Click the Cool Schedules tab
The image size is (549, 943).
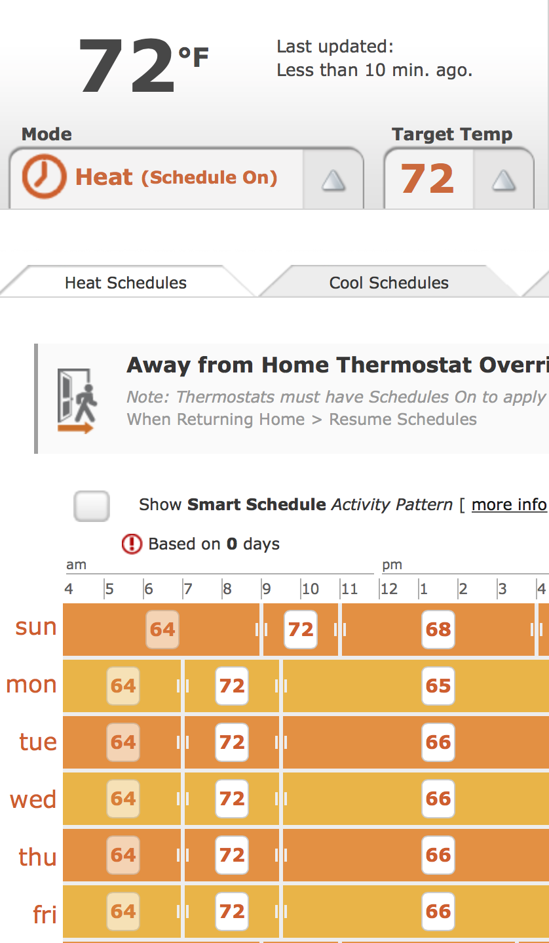(388, 283)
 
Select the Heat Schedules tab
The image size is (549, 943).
(125, 283)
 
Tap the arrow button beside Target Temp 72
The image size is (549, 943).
(504, 180)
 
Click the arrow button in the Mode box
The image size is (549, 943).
(333, 180)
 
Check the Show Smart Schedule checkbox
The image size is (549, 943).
(92, 506)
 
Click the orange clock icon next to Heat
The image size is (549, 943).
(44, 176)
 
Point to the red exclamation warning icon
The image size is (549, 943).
(132, 544)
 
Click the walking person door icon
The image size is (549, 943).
(77, 401)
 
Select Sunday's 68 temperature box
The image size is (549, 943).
(438, 630)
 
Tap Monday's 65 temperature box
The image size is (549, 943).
(438, 686)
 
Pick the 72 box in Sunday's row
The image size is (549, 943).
(301, 630)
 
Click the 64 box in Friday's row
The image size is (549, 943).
(123, 912)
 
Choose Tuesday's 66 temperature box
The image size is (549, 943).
(438, 742)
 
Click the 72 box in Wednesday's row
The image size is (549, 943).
(232, 799)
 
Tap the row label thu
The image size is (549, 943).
(38, 856)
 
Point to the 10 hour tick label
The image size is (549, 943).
(311, 588)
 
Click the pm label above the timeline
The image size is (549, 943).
(392, 565)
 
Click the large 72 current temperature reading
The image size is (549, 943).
(126, 66)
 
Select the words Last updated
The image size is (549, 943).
(335, 47)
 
